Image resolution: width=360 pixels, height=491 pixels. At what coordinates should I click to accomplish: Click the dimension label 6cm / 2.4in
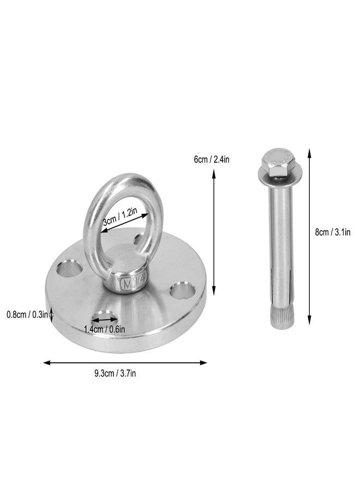pos(212,160)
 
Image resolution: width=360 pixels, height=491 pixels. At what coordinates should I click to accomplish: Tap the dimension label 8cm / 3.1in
pos(332,232)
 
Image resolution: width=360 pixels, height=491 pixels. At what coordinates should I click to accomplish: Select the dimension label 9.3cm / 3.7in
pos(115,374)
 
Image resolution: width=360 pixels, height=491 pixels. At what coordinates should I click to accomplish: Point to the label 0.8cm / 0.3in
pos(27,314)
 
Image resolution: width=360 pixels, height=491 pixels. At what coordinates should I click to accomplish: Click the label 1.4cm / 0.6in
pos(105,329)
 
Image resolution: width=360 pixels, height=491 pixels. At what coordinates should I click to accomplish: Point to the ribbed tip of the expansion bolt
pos(280,317)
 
